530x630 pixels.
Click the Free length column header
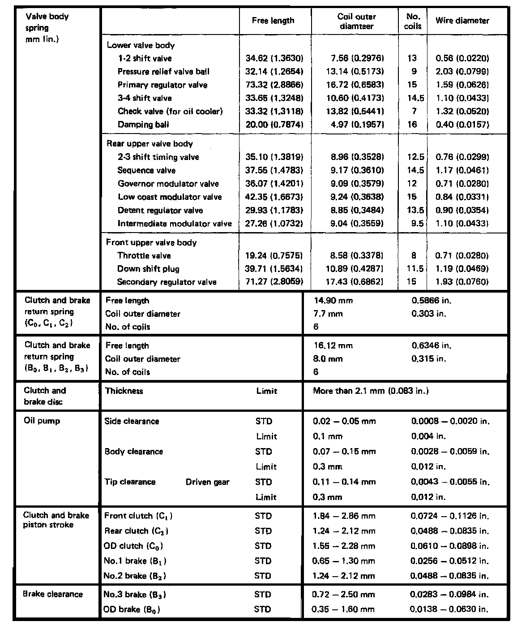[273, 21]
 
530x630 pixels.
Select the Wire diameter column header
[462, 21]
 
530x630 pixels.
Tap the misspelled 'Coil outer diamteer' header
[356, 22]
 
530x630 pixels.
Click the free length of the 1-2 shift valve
[274, 58]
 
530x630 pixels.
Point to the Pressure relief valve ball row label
[163, 72]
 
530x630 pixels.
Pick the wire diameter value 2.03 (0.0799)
[462, 72]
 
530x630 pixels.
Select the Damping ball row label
[143, 125]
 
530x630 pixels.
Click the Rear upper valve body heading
[150, 144]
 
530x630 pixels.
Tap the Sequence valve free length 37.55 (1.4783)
[274, 170]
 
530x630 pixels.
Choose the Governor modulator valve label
[168, 184]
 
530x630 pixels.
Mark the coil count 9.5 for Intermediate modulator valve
[417, 224]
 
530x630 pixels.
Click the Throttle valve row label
[144, 256]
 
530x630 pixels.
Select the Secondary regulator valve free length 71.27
[274, 282]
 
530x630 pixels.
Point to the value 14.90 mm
[333, 301]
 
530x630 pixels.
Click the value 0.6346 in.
[431, 345]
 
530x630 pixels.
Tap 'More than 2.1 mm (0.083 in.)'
[371, 391]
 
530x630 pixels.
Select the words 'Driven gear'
[207, 482]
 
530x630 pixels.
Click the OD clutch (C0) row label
[133, 546]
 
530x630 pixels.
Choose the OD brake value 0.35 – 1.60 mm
[343, 609]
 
